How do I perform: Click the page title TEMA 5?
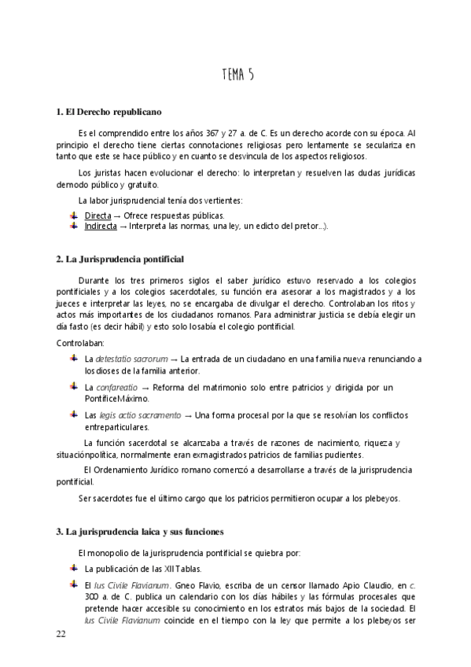click(x=237, y=75)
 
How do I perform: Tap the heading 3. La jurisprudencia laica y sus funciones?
click(x=140, y=532)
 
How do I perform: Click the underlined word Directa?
click(x=98, y=215)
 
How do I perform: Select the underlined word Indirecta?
click(x=101, y=227)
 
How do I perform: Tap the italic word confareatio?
click(x=117, y=388)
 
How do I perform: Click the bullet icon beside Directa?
click(x=73, y=215)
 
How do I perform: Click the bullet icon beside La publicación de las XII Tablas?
click(x=73, y=567)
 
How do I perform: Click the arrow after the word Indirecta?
click(x=123, y=227)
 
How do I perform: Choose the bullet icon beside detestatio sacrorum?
click(x=73, y=359)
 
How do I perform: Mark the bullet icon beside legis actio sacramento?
click(x=73, y=415)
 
